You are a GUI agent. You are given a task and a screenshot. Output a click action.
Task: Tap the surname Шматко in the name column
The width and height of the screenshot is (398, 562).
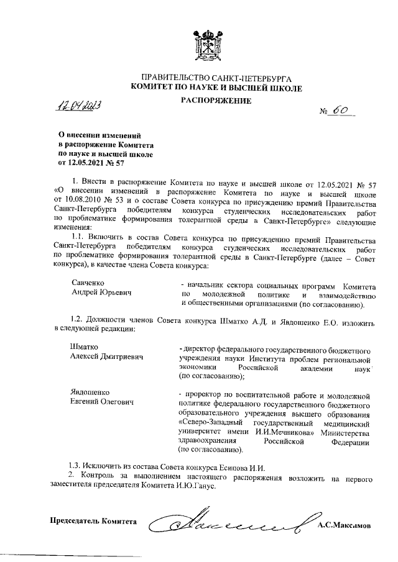coord(86,347)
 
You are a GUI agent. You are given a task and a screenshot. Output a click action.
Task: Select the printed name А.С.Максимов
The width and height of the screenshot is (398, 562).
coord(343,525)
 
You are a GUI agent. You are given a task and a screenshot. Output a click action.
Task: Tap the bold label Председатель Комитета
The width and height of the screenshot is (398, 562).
coord(93,520)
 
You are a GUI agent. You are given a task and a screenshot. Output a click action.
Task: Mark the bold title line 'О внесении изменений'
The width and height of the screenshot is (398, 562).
coord(99,134)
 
